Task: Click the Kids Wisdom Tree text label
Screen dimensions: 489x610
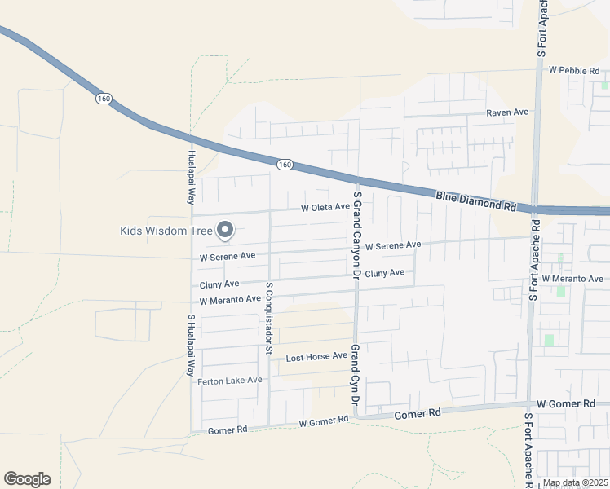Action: pyautogui.click(x=166, y=231)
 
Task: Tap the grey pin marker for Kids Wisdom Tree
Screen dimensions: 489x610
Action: pyautogui.click(x=224, y=231)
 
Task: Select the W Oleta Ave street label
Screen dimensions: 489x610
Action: pyautogui.click(x=325, y=208)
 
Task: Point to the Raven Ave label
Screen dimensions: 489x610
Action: pyautogui.click(x=507, y=112)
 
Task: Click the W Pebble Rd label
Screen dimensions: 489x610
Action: pyautogui.click(x=574, y=70)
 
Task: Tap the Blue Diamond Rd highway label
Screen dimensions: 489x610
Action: pyautogui.click(x=476, y=200)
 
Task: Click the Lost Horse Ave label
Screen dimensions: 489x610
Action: pyautogui.click(x=316, y=358)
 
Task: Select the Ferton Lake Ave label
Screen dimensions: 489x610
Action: pyautogui.click(x=229, y=381)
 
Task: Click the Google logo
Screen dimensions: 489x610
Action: pyautogui.click(x=27, y=479)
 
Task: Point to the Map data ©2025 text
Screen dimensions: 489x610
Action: pyautogui.click(x=575, y=482)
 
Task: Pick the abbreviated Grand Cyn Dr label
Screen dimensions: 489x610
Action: pyautogui.click(x=356, y=374)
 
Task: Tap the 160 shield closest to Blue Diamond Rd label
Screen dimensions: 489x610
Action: pyautogui.click(x=284, y=165)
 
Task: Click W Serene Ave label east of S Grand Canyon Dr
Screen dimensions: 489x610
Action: pyautogui.click(x=392, y=245)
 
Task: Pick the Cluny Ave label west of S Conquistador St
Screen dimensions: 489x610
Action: pyautogui.click(x=219, y=284)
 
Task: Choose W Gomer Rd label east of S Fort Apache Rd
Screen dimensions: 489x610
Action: pyautogui.click(x=566, y=404)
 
